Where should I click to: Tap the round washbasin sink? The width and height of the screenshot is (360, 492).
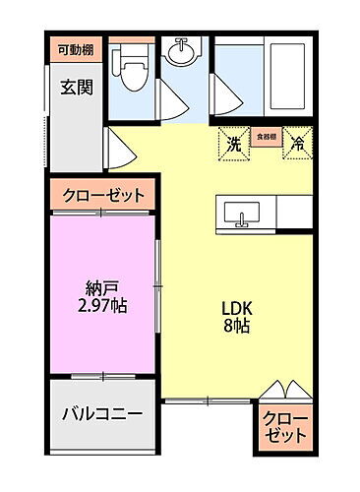pyautogui.click(x=183, y=48)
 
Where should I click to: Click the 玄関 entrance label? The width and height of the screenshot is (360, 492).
pyautogui.click(x=75, y=87)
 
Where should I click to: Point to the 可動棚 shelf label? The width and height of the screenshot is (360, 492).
pyautogui.click(x=74, y=49)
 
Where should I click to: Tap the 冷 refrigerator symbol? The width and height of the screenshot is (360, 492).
pyautogui.click(x=296, y=144)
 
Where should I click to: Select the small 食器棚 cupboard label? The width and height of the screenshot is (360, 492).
pyautogui.click(x=265, y=137)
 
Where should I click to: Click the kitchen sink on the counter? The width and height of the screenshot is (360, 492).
pyautogui.click(x=242, y=212)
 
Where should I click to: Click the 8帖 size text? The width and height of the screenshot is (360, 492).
pyautogui.click(x=236, y=326)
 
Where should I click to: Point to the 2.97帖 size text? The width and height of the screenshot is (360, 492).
pyautogui.click(x=101, y=306)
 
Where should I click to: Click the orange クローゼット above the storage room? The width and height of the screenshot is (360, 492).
pyautogui.click(x=103, y=196)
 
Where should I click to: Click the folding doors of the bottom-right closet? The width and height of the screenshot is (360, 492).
pyautogui.click(x=286, y=391)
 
